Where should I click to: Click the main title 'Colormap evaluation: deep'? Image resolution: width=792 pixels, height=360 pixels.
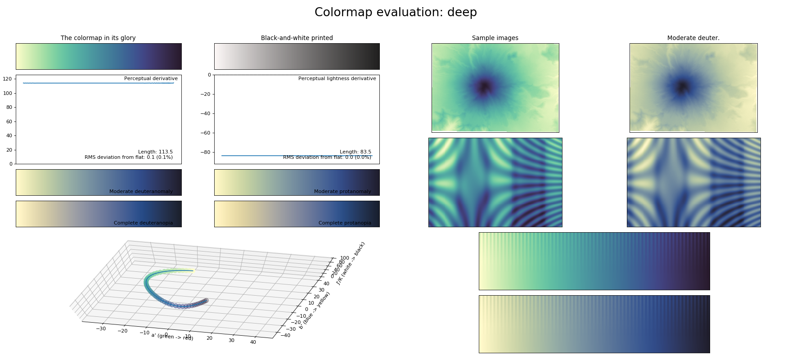coord(396,12)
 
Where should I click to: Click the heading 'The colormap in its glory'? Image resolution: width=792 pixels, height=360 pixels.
coord(98,38)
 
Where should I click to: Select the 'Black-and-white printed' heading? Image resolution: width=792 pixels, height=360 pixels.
coord(297,38)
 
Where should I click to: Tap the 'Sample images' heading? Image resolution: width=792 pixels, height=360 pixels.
coord(495,38)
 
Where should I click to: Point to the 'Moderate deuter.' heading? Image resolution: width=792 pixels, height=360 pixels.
coord(693,38)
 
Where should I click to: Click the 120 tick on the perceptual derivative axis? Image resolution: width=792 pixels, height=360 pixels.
coord(7,79)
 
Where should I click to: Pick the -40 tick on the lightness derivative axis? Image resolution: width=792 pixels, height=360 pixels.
coord(205,113)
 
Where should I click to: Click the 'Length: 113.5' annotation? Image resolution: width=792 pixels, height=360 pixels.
coord(155,152)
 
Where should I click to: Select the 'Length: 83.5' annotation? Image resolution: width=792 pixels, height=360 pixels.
coord(355,152)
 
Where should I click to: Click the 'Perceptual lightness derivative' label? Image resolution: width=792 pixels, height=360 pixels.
coord(337,78)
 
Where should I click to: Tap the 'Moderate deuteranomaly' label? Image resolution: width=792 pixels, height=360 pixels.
coord(141,191)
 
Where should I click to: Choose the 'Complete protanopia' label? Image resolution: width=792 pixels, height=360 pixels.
coord(345,223)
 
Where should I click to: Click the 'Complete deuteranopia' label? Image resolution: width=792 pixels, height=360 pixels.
coord(143,223)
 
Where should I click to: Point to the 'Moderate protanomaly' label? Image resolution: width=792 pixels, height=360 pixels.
coord(342,191)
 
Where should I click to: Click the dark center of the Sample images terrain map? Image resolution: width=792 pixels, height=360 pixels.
coord(484,86)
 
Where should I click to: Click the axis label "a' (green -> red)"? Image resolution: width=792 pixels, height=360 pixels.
coord(172,336)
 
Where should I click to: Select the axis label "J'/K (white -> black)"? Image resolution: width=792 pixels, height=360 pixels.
coord(351,263)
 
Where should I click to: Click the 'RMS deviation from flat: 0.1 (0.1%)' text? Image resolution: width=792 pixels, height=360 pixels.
coord(129,157)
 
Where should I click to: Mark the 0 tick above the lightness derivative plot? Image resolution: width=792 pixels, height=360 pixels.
coord(209,75)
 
